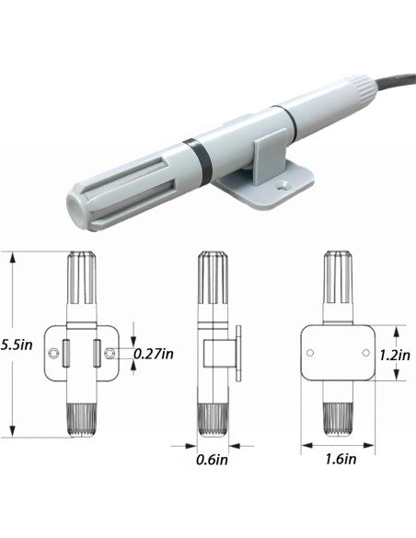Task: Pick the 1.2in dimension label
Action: (x=395, y=353)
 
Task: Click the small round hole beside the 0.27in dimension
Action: (x=112, y=352)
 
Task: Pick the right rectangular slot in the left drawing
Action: (x=98, y=352)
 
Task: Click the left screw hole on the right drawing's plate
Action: (x=312, y=353)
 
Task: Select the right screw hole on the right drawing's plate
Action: (x=365, y=353)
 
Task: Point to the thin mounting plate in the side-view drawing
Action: (x=238, y=352)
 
